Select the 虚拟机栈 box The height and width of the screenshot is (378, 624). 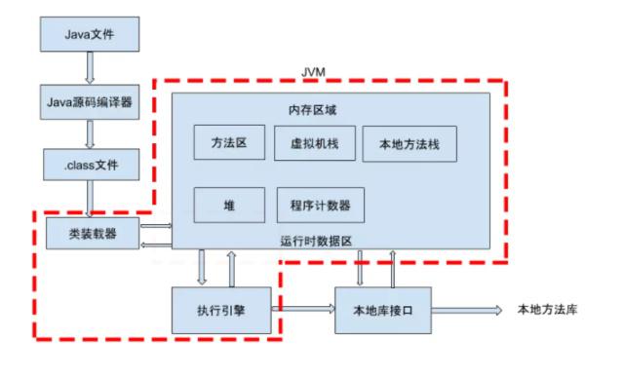coord(311,142)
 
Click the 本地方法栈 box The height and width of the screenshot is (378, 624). coord(403,142)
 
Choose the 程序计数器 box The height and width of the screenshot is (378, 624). coord(321,206)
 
